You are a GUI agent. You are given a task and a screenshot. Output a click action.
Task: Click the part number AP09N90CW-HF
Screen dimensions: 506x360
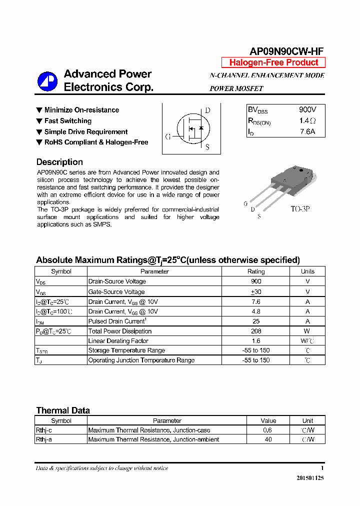pyautogui.click(x=286, y=51)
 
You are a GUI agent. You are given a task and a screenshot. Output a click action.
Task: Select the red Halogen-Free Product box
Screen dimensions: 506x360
pyautogui.click(x=273, y=62)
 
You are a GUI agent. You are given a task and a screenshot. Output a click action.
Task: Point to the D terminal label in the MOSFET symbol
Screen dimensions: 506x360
pyautogui.click(x=208, y=110)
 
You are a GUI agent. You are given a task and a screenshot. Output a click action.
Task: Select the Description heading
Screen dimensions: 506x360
pyautogui.click(x=59, y=162)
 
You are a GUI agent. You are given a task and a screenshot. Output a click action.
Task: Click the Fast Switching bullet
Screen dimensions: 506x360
pyautogui.click(x=67, y=121)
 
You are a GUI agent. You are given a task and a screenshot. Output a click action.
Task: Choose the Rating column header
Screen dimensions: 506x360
pyautogui.click(x=256, y=271)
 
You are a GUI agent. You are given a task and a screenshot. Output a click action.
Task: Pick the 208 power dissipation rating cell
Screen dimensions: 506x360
pyautogui.click(x=256, y=331)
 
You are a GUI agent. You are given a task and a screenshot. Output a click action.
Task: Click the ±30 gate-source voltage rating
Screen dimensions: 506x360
pyautogui.click(x=256, y=291)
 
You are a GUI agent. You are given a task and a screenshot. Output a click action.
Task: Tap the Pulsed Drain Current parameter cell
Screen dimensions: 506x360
pyautogui.click(x=117, y=321)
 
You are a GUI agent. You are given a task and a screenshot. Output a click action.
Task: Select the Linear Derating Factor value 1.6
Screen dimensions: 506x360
pyautogui.click(x=256, y=340)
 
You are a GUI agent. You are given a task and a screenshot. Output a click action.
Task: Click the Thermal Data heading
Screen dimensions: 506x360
pyautogui.click(x=63, y=410)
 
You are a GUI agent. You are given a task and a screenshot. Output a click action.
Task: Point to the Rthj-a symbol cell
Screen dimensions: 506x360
pyautogui.click(x=44, y=439)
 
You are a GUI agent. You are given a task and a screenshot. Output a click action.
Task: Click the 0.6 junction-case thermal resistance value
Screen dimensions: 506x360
pyautogui.click(x=268, y=430)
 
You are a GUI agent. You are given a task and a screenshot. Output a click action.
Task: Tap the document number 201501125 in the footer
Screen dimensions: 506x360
pyautogui.click(x=309, y=478)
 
